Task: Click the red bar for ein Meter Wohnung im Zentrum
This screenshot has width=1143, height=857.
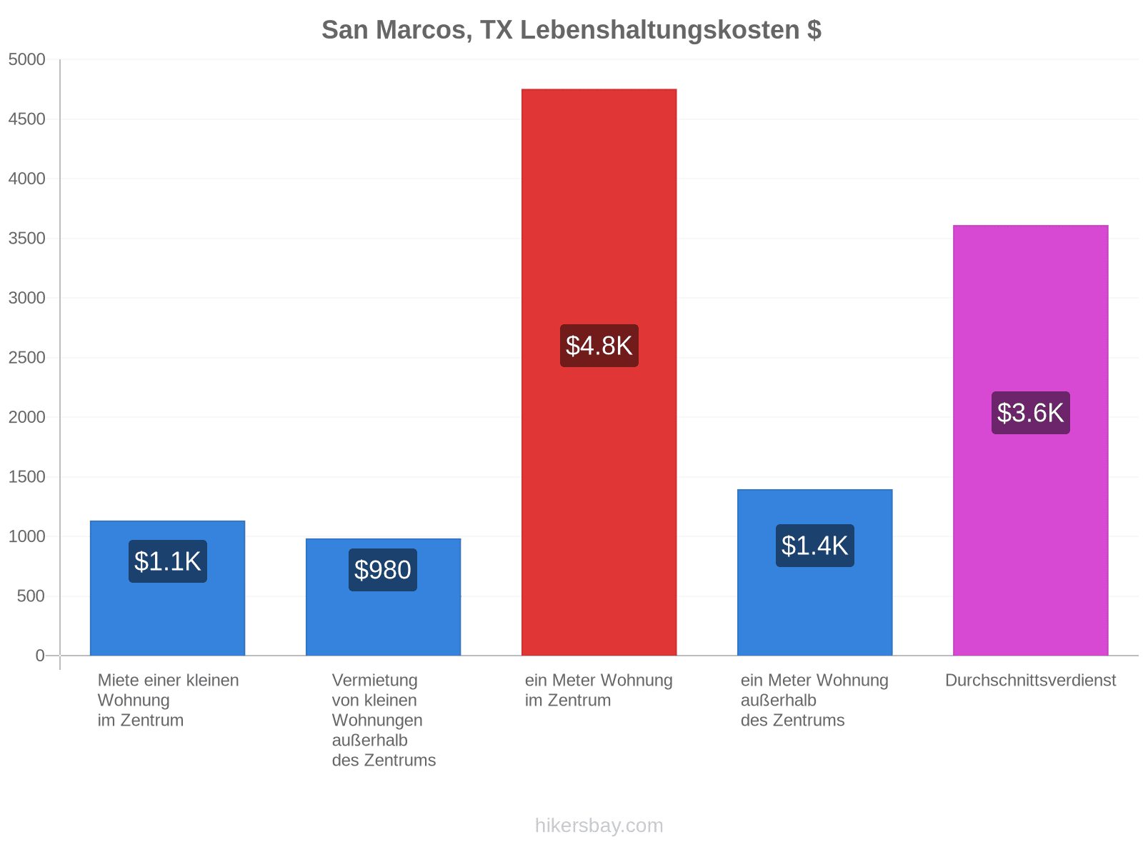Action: point(599,372)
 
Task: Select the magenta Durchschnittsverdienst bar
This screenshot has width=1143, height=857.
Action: point(1031,440)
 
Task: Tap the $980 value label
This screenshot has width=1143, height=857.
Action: point(383,570)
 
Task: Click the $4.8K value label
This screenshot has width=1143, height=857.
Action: point(599,346)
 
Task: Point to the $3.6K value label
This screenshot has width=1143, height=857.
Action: point(1031,413)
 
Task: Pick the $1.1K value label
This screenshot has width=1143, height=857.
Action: point(168,561)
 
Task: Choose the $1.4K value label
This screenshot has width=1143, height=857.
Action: point(815,546)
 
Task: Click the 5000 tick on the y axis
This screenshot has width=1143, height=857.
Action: point(26,59)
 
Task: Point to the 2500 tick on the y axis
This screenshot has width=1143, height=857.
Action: point(26,358)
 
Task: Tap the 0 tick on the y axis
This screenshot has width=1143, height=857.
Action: point(39,656)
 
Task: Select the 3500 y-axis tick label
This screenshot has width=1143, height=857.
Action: point(26,239)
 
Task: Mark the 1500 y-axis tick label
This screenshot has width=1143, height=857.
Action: point(26,476)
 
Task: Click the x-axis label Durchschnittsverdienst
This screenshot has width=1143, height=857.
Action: point(1031,680)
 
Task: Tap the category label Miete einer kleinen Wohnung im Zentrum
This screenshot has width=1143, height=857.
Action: point(168,701)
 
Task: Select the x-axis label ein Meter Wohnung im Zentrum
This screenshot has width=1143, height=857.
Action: point(599,690)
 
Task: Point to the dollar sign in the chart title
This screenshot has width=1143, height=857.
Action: point(814,30)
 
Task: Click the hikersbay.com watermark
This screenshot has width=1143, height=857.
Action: point(599,826)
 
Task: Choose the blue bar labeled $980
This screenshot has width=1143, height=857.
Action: point(383,597)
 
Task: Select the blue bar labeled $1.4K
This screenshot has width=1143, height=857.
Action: point(815,572)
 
